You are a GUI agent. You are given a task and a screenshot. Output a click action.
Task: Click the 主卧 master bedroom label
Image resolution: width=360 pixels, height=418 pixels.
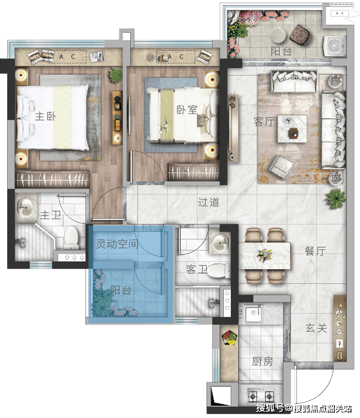(46, 116)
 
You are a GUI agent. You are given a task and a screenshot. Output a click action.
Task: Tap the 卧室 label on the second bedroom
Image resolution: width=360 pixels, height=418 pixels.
(187, 110)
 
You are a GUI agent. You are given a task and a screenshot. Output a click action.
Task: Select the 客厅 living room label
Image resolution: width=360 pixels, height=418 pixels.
(264, 122)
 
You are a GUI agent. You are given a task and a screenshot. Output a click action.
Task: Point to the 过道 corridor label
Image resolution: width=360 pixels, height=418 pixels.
(209, 202)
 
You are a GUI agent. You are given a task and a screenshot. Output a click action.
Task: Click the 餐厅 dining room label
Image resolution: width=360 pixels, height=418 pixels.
(315, 251)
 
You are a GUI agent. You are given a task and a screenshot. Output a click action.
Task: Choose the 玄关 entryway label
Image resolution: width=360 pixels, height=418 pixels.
(316, 328)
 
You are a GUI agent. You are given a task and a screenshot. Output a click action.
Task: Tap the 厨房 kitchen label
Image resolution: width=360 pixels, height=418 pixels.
(262, 361)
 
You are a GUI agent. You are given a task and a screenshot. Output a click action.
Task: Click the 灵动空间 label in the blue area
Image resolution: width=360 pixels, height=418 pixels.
(117, 243)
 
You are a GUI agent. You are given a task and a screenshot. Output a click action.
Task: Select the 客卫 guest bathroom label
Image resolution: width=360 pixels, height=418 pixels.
(196, 269)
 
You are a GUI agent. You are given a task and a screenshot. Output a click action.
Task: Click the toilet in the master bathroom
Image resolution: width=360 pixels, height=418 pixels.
(71, 237)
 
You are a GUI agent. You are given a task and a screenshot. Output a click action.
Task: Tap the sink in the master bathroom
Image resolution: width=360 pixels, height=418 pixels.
(26, 207)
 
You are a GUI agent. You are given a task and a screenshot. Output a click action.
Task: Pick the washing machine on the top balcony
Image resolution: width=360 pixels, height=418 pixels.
(334, 46)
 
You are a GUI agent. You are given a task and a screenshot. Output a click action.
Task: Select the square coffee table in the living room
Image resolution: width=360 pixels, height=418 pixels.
(292, 129)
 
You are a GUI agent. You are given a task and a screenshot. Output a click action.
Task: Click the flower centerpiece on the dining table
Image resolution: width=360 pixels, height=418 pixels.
(265, 255)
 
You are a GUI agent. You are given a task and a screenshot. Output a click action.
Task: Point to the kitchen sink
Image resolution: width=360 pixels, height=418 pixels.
(253, 313)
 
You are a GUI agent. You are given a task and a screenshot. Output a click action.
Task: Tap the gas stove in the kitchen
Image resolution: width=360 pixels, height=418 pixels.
(261, 396)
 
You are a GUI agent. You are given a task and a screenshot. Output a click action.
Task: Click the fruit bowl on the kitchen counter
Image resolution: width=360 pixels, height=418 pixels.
(229, 338)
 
